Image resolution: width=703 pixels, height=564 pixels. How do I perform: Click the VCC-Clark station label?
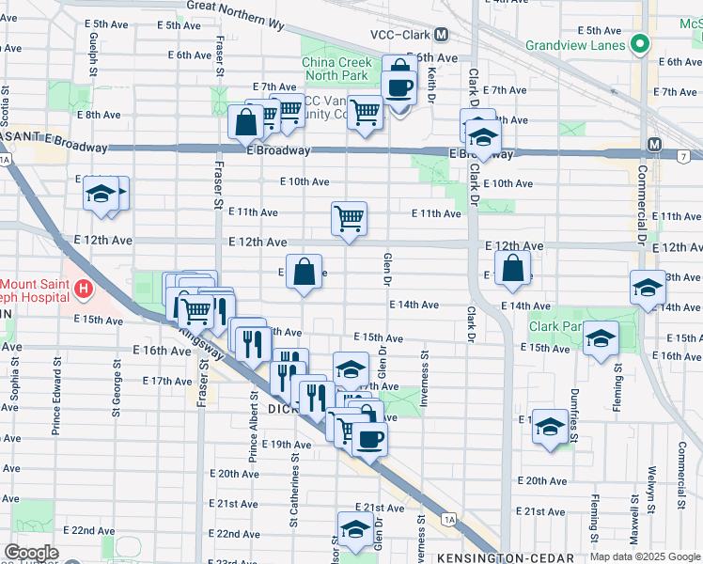(395, 34)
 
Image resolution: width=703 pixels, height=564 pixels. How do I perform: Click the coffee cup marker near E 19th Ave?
(369, 438)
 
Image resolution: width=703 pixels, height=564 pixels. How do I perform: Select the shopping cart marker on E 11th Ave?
(349, 218)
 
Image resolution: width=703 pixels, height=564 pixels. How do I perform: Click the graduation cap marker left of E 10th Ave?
(100, 194)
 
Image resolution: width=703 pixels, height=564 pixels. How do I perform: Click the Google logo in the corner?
(30, 553)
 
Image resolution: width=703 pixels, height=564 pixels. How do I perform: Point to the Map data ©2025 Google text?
(644, 556)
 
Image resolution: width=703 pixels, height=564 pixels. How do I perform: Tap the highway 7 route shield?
(681, 155)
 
